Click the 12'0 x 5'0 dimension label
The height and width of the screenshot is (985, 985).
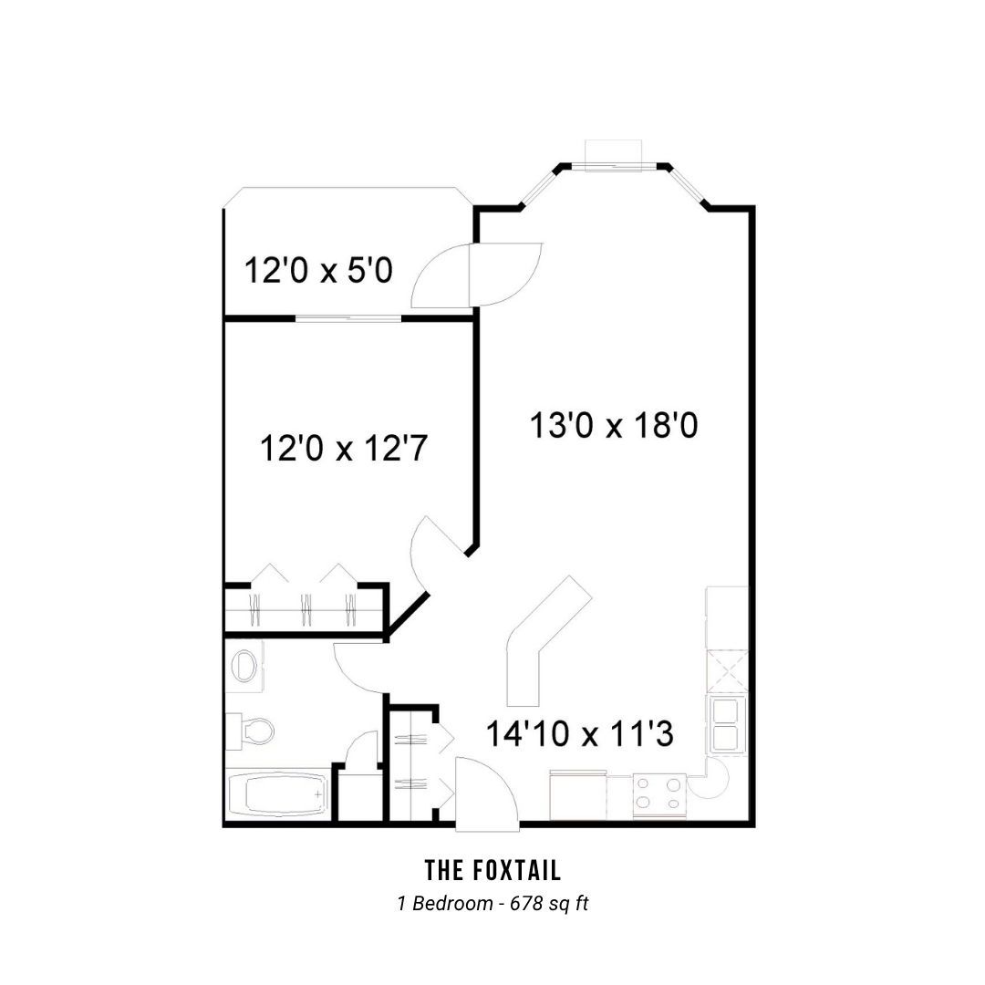coord(318,271)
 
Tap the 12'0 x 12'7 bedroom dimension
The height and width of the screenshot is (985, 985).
coord(344,449)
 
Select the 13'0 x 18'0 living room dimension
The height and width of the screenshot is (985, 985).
coord(614,425)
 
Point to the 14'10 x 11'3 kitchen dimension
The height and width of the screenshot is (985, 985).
coord(580,733)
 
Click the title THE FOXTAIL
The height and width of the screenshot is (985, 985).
coord(493,871)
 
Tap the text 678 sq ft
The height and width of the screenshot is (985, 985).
coord(550,903)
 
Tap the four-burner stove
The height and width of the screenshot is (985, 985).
coord(658,794)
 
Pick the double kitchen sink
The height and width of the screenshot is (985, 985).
coord(727,724)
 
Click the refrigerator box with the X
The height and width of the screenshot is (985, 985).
coord(728,671)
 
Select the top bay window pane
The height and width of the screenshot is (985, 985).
coord(614,168)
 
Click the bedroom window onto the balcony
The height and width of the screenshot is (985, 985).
coord(348,318)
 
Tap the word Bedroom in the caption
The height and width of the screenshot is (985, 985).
coord(452,903)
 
